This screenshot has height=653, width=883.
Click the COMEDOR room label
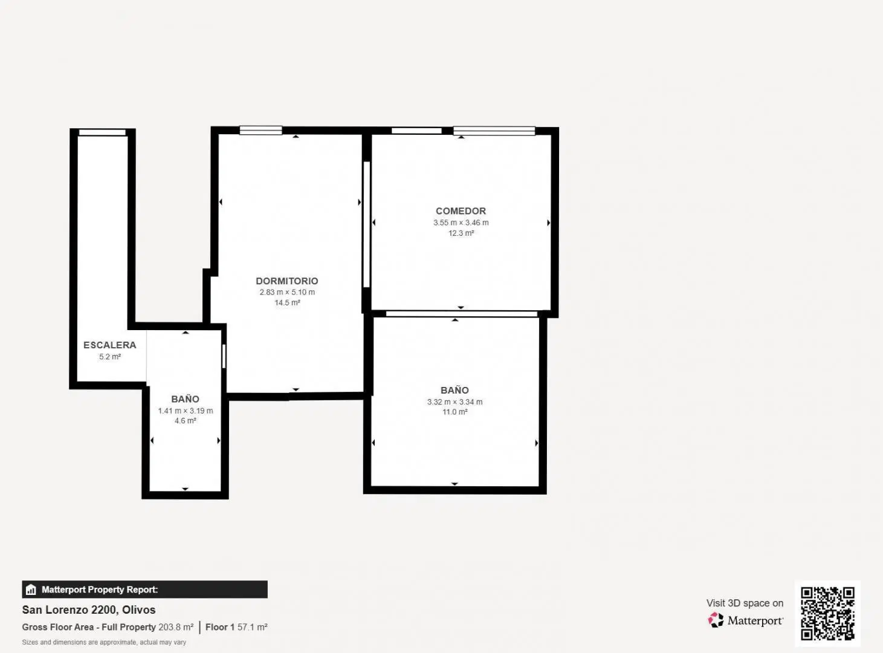point(461,211)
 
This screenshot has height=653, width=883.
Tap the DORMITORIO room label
point(287,281)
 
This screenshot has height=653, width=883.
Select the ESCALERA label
point(110,345)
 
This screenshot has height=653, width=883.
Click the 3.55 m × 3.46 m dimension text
point(461,223)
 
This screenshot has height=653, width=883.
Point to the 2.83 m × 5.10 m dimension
point(287,292)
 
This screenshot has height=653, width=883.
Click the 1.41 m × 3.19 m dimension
point(186,411)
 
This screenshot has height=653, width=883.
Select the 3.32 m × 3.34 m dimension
point(454,402)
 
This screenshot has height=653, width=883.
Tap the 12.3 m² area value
point(461,233)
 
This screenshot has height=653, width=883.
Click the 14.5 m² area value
point(287,303)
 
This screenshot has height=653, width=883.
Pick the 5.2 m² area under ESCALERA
point(110,357)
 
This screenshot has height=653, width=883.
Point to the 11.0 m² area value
point(454,412)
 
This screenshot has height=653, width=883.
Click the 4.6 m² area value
point(186,421)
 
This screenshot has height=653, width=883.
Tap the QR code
point(827,614)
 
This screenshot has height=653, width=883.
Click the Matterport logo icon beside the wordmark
point(716,620)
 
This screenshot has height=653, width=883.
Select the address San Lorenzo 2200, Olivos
point(89,610)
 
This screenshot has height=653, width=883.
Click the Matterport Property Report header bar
point(144,590)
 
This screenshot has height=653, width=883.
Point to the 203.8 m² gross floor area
point(176,627)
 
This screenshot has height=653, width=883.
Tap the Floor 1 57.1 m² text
point(236,627)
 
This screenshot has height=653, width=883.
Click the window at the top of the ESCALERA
point(102,132)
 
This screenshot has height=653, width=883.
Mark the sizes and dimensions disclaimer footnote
point(104,642)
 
